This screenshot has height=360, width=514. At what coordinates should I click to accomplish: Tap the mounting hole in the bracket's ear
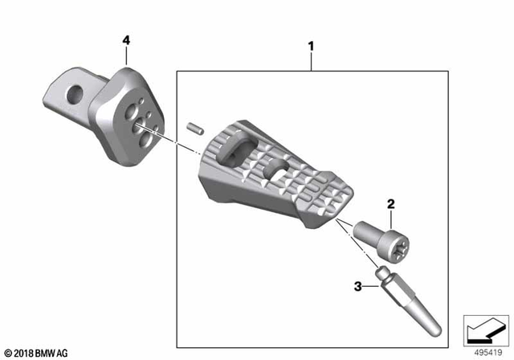coord(75,93)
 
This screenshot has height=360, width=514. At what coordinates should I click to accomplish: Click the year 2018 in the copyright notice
coord(26,352)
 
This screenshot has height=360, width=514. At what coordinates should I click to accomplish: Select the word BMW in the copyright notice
coord(51,352)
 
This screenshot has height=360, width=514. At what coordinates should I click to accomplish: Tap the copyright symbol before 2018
coord(8,352)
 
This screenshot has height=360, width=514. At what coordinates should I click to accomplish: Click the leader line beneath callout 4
coord(126,59)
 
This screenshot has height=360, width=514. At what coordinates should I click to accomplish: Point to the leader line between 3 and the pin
coord(371,283)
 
